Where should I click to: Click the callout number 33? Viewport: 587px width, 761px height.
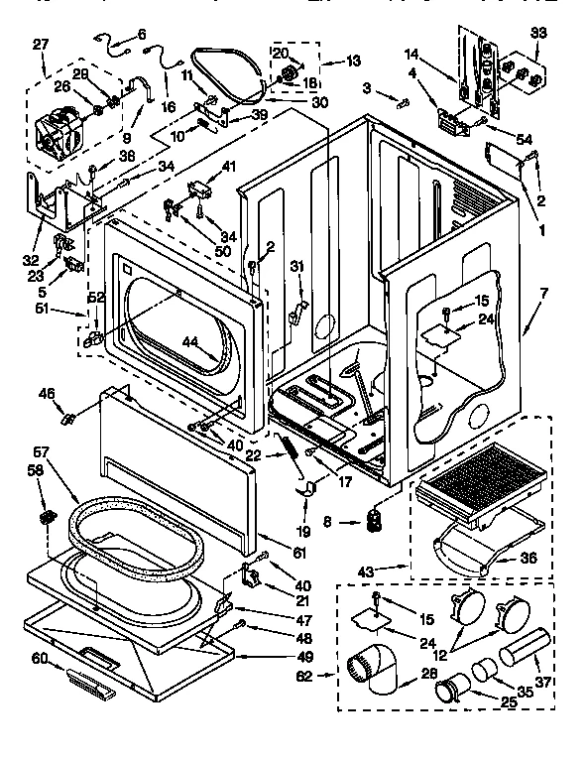538,33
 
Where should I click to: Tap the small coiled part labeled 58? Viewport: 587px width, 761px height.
46,517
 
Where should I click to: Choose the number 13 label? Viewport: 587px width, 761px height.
353,62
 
